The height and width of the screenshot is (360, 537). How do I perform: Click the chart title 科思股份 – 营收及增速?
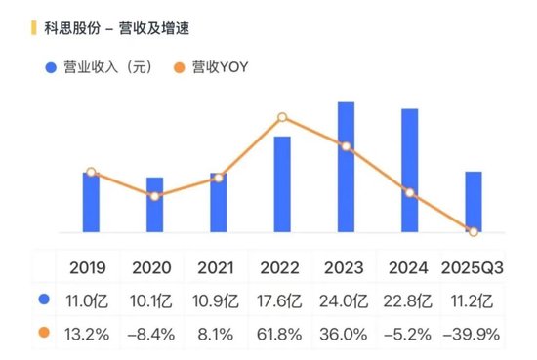pyautogui.click(x=116, y=28)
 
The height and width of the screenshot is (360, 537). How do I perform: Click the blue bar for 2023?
pyautogui.click(x=346, y=167)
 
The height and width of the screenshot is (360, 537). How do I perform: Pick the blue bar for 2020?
pyautogui.click(x=154, y=205)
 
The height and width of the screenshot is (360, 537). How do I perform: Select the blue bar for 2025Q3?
pyautogui.click(x=474, y=202)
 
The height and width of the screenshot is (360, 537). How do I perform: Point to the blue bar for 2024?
pyautogui.click(x=409, y=171)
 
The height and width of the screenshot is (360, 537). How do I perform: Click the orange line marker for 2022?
pyautogui.click(x=282, y=118)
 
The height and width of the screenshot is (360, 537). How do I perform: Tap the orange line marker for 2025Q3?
pyautogui.click(x=474, y=231)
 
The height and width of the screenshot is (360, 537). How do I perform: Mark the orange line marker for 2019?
pyautogui.click(x=91, y=173)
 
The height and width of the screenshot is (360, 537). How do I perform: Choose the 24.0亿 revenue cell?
pyautogui.click(x=345, y=300)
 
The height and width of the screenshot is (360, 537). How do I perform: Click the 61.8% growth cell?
pyautogui.click(x=281, y=334)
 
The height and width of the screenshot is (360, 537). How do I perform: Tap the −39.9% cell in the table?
pyautogui.click(x=474, y=334)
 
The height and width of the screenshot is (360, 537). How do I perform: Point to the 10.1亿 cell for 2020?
pyautogui.click(x=153, y=300)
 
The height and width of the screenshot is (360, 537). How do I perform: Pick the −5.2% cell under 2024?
pyautogui.click(x=409, y=334)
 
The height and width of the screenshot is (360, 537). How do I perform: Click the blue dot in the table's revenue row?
pyautogui.click(x=44, y=300)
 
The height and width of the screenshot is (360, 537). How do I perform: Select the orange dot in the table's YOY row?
pyautogui.click(x=44, y=334)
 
